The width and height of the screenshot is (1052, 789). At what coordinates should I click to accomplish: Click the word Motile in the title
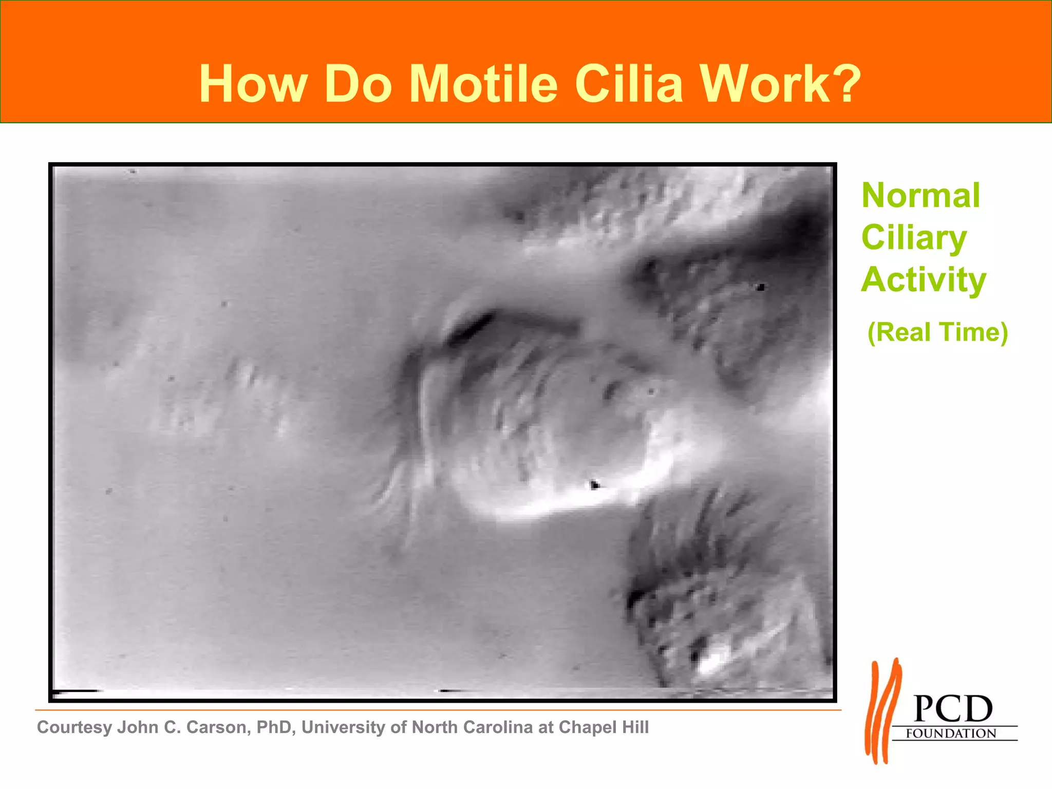click(x=483, y=84)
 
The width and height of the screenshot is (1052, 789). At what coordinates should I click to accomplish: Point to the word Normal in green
click(x=920, y=196)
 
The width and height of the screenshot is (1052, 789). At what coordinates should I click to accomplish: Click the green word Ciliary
click(x=914, y=238)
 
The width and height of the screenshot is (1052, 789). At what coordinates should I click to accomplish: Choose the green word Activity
click(x=924, y=280)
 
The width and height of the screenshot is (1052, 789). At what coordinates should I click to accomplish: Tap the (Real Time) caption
click(x=937, y=332)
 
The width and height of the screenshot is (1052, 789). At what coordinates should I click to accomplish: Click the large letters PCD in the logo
click(x=953, y=709)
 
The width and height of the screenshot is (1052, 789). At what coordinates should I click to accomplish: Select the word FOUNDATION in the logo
click(x=950, y=734)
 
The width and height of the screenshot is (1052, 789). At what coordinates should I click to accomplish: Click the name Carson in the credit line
click(x=218, y=727)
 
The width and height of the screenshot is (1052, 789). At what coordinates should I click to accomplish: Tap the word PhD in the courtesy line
click(x=275, y=727)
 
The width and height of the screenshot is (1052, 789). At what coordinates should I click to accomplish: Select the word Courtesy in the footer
click(x=75, y=727)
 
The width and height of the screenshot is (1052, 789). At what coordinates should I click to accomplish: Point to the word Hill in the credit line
click(x=635, y=727)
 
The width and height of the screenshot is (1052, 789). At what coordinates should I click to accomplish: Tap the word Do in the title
click(x=358, y=84)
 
